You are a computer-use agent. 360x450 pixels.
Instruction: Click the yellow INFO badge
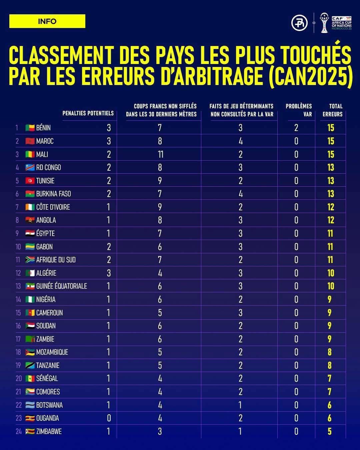click(x=47, y=21)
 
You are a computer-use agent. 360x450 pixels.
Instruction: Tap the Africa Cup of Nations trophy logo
click(x=324, y=23)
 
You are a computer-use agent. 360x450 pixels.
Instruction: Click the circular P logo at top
click(x=299, y=23)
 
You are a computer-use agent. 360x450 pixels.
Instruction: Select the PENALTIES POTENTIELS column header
click(x=88, y=113)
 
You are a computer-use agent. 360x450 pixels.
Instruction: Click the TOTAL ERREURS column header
click(x=332, y=110)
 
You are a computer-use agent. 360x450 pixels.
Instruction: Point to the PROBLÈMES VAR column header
click(x=299, y=110)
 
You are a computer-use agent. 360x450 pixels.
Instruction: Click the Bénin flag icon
click(x=30, y=128)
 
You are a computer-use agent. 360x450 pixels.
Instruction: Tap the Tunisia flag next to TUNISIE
click(x=30, y=181)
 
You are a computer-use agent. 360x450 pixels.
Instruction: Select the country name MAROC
click(x=45, y=141)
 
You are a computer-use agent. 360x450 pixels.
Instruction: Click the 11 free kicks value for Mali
click(x=160, y=154)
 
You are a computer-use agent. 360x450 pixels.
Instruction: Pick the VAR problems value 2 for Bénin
click(x=296, y=128)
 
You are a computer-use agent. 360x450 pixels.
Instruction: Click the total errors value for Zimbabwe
click(x=330, y=431)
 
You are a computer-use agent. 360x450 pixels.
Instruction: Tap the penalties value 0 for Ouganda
click(x=109, y=418)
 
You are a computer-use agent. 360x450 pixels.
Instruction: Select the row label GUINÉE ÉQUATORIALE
click(x=61, y=286)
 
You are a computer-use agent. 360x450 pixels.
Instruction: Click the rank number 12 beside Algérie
click(x=18, y=273)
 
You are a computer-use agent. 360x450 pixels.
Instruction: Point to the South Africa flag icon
click(x=30, y=260)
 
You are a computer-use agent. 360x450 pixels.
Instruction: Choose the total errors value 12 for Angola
click(x=330, y=220)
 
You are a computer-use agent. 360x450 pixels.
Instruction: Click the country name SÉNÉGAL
click(x=47, y=378)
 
